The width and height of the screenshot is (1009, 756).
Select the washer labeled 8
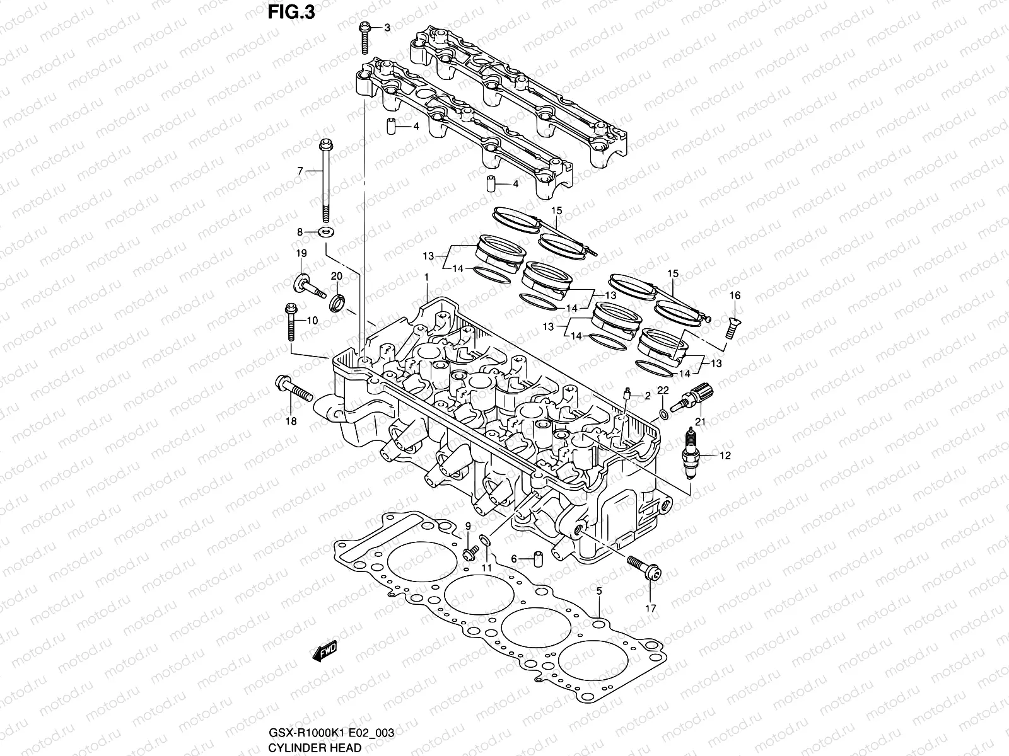click(x=327, y=232)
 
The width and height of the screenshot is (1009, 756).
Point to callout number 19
click(x=301, y=253)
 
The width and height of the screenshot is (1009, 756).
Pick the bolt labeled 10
click(x=290, y=321)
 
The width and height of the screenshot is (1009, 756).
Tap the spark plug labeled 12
click(x=692, y=455)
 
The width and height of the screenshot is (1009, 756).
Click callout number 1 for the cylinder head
click(x=426, y=277)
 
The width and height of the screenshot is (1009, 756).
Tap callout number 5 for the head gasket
click(x=599, y=590)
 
